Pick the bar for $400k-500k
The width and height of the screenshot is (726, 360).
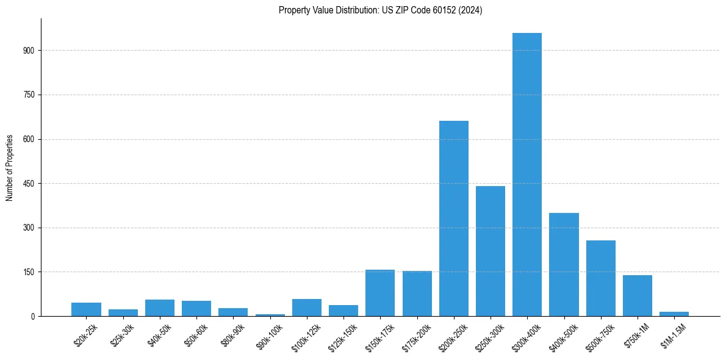[564, 265]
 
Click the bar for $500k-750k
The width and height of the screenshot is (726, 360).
[601, 278]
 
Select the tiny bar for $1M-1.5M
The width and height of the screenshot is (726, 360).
[674, 314]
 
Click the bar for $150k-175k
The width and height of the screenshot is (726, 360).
[380, 293]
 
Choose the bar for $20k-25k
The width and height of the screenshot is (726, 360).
[86, 309]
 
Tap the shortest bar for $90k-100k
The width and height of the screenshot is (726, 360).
[270, 315]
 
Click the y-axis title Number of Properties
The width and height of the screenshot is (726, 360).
[9, 168]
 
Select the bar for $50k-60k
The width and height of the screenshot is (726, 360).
[196, 308]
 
